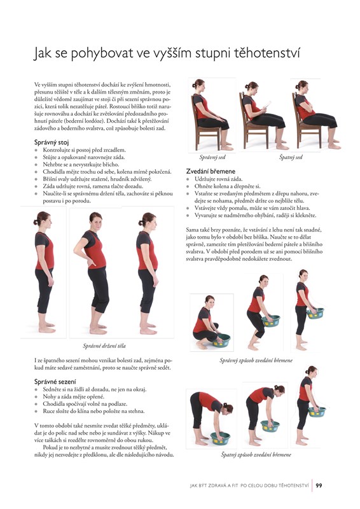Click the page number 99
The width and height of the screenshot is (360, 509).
tap(319, 485)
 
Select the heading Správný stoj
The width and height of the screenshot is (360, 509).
tap(52, 142)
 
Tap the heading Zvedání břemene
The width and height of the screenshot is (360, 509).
tap(211, 171)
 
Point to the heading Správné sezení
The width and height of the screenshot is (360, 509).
tap(55, 382)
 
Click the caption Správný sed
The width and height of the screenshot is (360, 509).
tap(212, 157)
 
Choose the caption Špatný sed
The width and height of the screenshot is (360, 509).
tap(291, 157)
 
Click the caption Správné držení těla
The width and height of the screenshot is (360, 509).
tap(104, 346)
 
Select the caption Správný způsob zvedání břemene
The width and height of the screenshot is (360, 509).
tap(256, 360)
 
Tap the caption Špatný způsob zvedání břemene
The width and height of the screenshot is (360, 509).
tap(256, 455)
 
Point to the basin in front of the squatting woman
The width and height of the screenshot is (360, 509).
tap(221, 340)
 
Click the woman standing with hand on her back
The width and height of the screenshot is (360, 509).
tap(93, 274)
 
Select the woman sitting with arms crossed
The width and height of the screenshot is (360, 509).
tap(314, 115)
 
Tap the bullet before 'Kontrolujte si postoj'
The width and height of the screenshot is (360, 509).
tap(36, 150)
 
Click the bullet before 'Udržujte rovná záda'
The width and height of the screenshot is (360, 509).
tap(188, 179)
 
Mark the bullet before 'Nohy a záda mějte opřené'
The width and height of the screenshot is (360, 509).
tap(36, 397)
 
